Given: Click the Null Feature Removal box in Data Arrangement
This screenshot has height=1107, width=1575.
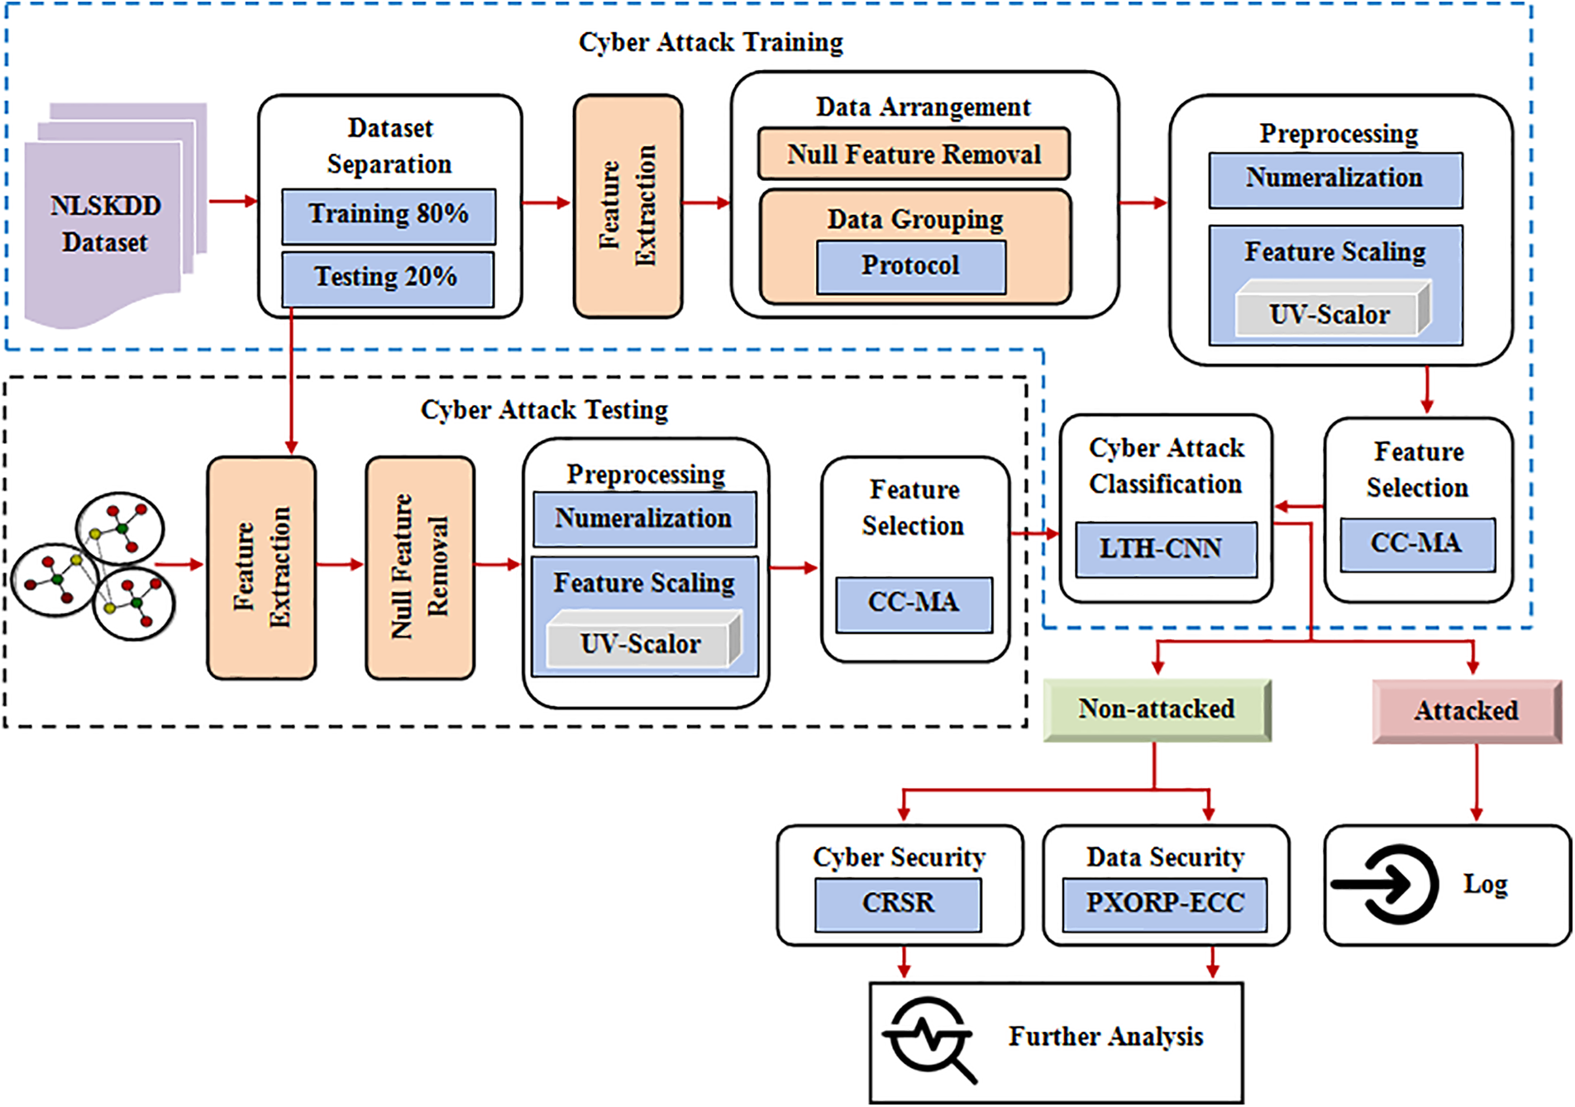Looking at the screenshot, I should pos(913,155).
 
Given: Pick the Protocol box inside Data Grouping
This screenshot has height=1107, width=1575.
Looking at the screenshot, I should pos(910,266).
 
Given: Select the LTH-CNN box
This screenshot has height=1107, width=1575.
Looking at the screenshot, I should pos(1165,549).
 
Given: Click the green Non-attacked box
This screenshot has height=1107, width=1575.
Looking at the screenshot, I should pos(1156,710).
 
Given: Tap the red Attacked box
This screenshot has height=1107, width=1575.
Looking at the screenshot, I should pos(1466,711).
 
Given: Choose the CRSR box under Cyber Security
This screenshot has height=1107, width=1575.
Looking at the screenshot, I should pos(897,904).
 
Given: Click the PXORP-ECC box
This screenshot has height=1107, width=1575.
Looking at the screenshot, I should pos(1164,904).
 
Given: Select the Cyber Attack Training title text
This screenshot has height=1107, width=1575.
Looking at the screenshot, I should pos(710,42).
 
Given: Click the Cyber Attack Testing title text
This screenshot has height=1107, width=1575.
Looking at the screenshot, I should pos(544,410).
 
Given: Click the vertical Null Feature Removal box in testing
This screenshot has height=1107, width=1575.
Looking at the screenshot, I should pos(420,567).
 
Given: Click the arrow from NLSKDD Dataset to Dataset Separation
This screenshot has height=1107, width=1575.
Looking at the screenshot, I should pos(232,201).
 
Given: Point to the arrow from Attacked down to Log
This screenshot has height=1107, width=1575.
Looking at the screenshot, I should pos(1477,781).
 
